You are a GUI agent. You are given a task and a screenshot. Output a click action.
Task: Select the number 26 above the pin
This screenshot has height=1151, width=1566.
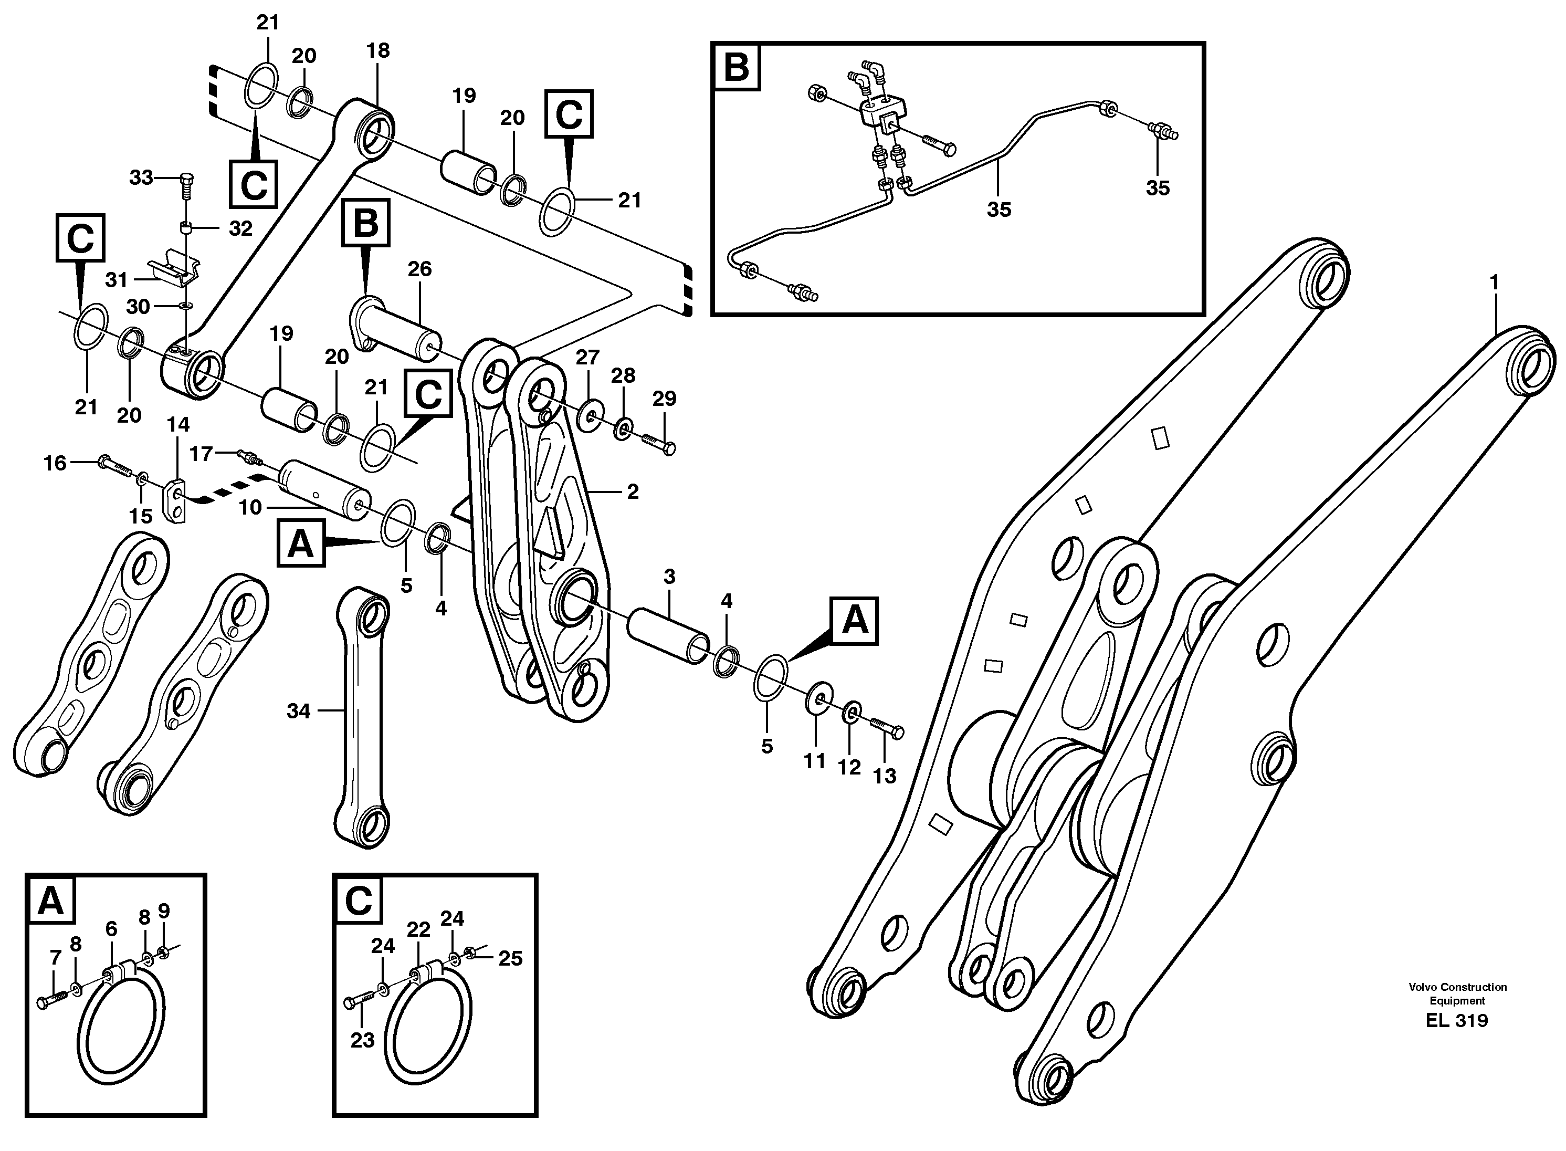(419, 269)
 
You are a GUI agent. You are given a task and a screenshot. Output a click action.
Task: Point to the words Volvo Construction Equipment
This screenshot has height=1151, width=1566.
(1457, 993)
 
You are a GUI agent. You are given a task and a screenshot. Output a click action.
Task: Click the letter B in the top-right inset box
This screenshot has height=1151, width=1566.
(737, 68)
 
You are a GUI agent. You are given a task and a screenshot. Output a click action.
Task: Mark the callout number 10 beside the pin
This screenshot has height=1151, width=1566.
(250, 507)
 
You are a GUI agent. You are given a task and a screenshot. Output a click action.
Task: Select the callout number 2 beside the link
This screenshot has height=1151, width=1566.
(633, 492)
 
